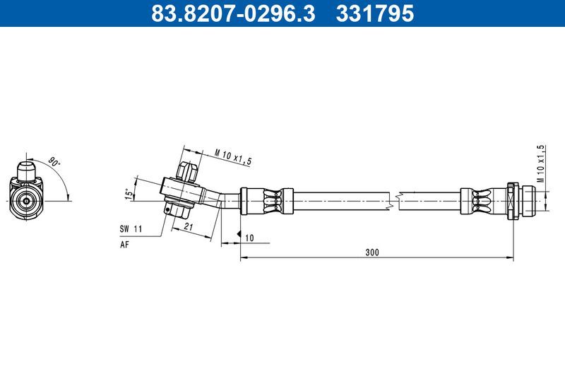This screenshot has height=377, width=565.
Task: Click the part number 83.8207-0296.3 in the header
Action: [234, 13]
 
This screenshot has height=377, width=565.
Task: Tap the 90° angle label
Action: [54, 163]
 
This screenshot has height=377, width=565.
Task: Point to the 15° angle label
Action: [129, 193]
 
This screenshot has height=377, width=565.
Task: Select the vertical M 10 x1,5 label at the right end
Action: [540, 163]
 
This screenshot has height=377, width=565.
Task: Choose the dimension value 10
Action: [249, 238]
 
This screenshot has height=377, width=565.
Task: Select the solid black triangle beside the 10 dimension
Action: [239, 234]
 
